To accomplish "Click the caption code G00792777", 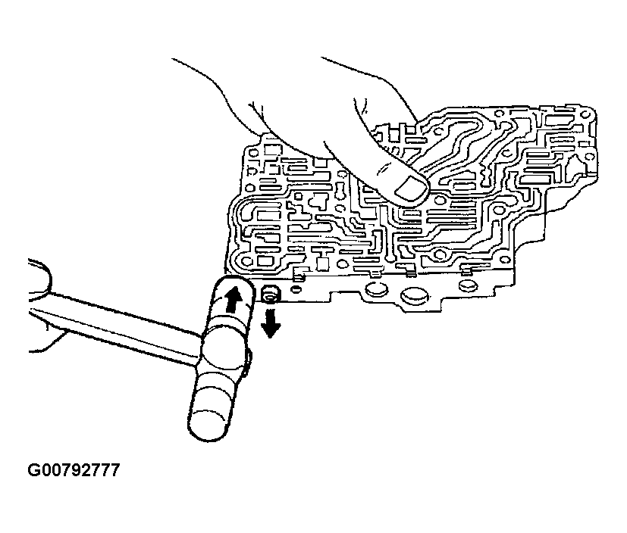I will (x=74, y=471).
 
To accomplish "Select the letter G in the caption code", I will (x=35, y=471).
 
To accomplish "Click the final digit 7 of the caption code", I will (x=114, y=471).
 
